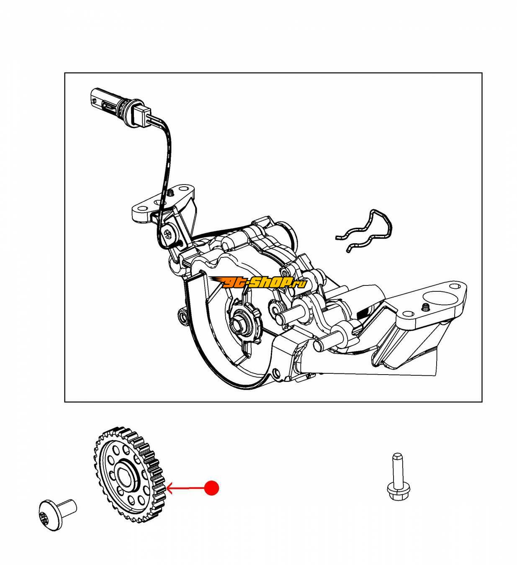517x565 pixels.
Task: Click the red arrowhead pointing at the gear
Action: tap(170, 488)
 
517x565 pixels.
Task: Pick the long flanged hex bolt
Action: tap(397, 484)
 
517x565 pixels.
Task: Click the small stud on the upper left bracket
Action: tap(170, 193)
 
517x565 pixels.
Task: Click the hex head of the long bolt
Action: tap(398, 500)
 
